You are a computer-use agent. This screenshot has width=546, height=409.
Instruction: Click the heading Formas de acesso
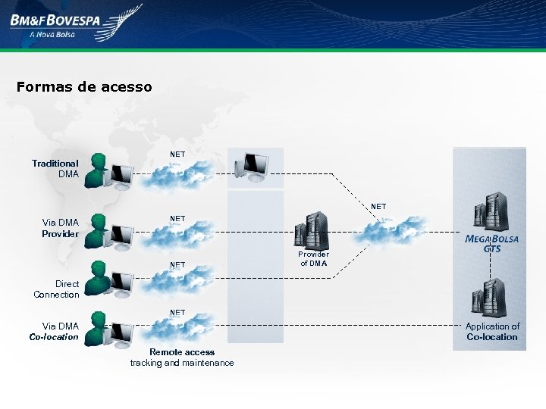click(x=84, y=86)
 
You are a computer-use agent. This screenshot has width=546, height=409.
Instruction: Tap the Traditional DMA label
click(x=55, y=168)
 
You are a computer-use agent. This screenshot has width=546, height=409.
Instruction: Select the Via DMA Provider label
click(x=60, y=228)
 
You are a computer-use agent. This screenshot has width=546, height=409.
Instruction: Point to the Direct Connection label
click(x=56, y=289)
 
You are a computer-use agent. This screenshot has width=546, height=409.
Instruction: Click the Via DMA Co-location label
click(x=54, y=332)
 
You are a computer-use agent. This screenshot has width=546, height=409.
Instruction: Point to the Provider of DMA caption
click(x=313, y=259)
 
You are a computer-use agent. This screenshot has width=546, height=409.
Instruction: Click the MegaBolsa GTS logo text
click(x=492, y=242)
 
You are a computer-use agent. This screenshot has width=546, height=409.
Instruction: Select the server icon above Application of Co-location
click(x=490, y=298)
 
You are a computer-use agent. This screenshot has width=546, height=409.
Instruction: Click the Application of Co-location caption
click(x=492, y=332)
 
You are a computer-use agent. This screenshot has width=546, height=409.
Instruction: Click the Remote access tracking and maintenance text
click(x=182, y=357)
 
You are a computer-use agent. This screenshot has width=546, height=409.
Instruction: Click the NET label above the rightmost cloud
click(x=378, y=206)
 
